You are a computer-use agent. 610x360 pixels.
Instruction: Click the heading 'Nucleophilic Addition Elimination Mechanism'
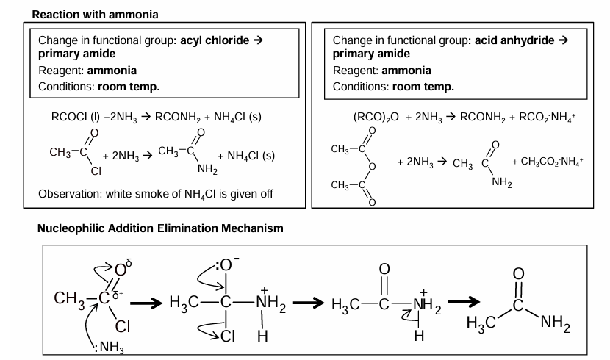pyautogui.click(x=159, y=228)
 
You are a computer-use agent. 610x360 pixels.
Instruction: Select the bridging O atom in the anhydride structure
pyautogui.click(x=373, y=166)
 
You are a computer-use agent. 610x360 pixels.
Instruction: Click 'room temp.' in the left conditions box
pyautogui.click(x=129, y=86)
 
